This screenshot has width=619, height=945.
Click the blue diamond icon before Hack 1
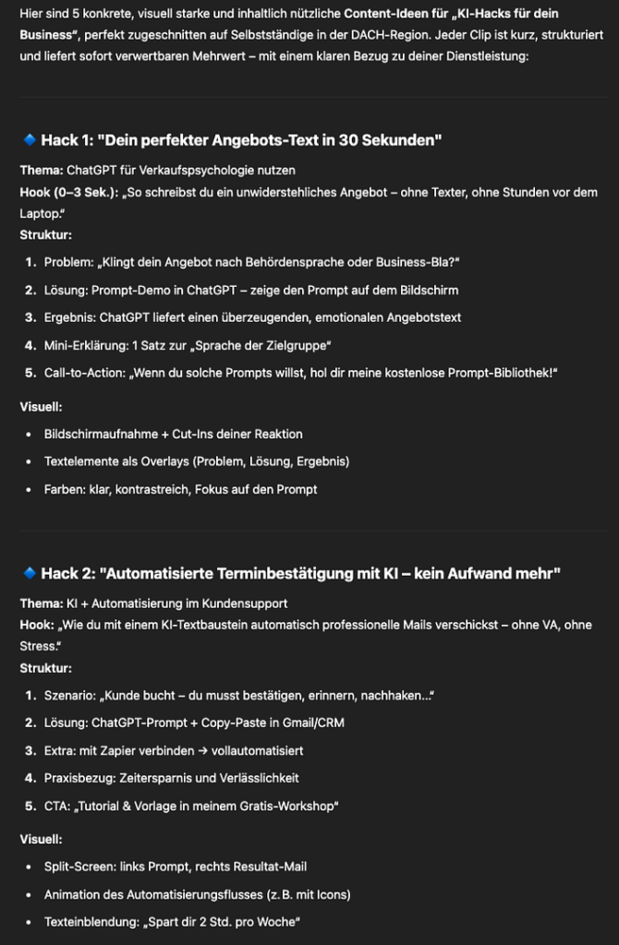pyautogui.click(x=29, y=140)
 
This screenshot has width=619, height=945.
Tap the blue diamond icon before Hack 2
pyautogui.click(x=29, y=574)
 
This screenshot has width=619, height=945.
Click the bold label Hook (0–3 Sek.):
pyautogui.click(x=69, y=192)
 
